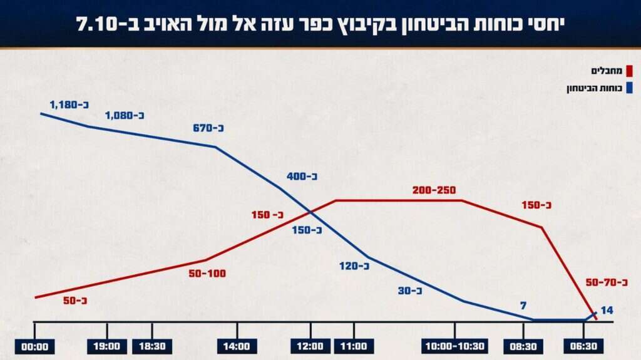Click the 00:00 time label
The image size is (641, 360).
point(35,346)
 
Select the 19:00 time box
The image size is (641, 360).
point(107,346)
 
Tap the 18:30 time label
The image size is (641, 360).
point(151,346)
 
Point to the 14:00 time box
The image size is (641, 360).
point(237,346)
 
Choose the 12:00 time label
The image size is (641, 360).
point(310,346)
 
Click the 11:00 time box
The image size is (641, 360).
point(354,346)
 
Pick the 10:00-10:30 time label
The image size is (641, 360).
point(454,346)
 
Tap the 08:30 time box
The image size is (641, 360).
point(523,346)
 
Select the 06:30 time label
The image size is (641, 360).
point(582,346)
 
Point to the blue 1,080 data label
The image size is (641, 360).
point(125,115)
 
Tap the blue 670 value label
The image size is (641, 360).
point(208,128)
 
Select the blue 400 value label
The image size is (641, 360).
point(302,176)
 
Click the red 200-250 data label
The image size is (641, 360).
point(434,190)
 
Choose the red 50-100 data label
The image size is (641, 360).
point(206,274)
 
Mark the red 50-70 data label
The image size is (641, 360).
point(607,282)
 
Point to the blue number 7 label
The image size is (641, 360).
point(523,306)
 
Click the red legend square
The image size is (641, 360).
point(629,72)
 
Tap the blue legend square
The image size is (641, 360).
point(629,88)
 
